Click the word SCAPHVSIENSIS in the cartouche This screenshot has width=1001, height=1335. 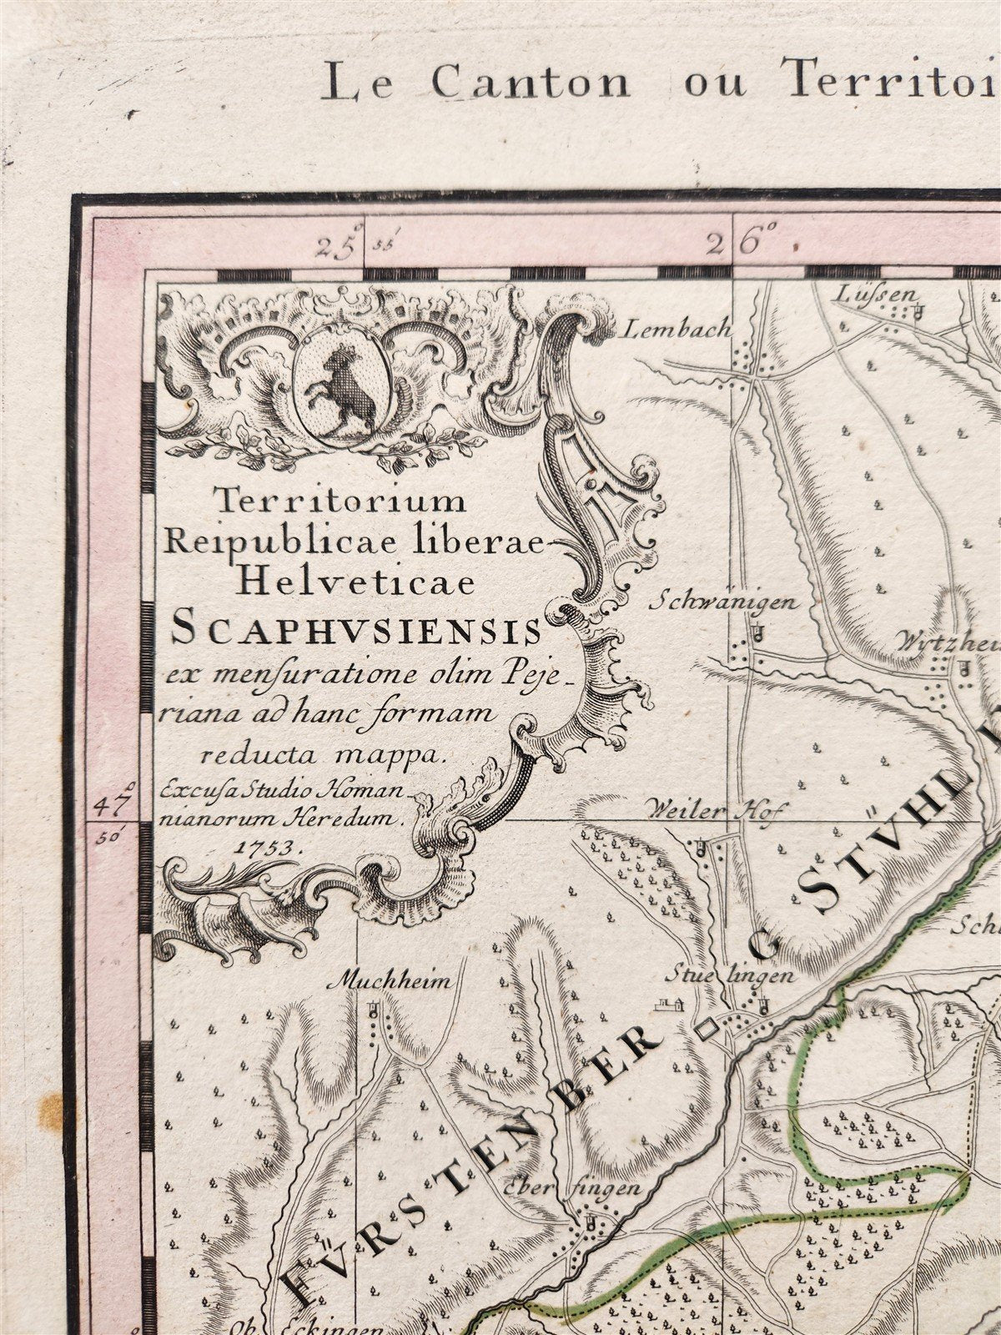point(355,632)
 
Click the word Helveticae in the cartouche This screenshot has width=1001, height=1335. point(355,581)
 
